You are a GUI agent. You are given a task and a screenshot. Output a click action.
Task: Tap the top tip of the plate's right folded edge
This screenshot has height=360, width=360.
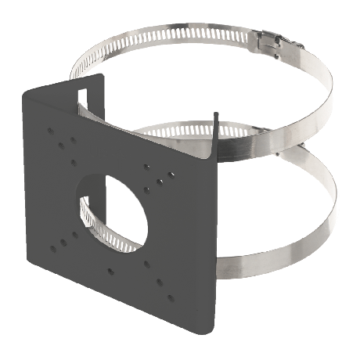coord(214,112)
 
